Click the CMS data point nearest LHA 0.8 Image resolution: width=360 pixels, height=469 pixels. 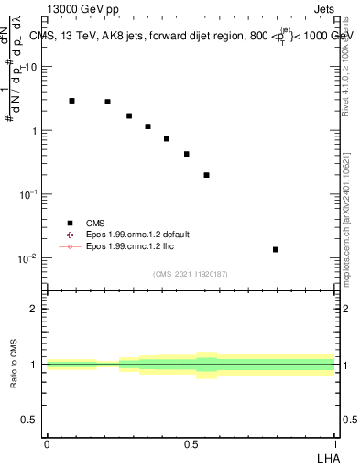[x=276, y=249]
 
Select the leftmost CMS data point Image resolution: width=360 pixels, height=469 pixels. [x=72, y=101]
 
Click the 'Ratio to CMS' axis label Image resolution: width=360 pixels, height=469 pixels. [x=15, y=365]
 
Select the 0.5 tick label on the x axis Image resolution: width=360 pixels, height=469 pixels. [x=191, y=444]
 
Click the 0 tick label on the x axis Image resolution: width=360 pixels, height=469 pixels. [x=47, y=444]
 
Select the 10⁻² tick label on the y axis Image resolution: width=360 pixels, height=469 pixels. [x=29, y=258]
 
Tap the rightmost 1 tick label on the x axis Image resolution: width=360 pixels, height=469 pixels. [x=335, y=444]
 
